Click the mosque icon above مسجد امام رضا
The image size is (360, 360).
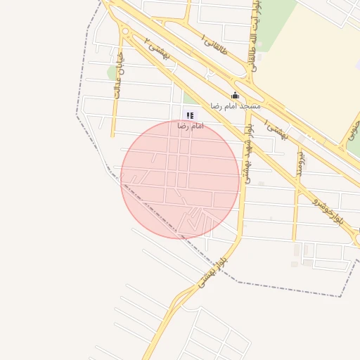click(235, 95)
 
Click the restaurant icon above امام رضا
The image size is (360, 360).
click(188, 115)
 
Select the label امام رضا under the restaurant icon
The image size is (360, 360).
click(190, 126)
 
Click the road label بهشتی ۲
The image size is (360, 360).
click(156, 47)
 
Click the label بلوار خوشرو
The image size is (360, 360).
click(328, 208)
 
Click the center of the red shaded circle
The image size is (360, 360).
click(180, 179)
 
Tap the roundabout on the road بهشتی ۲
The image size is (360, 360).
click(125, 31)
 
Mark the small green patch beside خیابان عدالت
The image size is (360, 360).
click(111, 72)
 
